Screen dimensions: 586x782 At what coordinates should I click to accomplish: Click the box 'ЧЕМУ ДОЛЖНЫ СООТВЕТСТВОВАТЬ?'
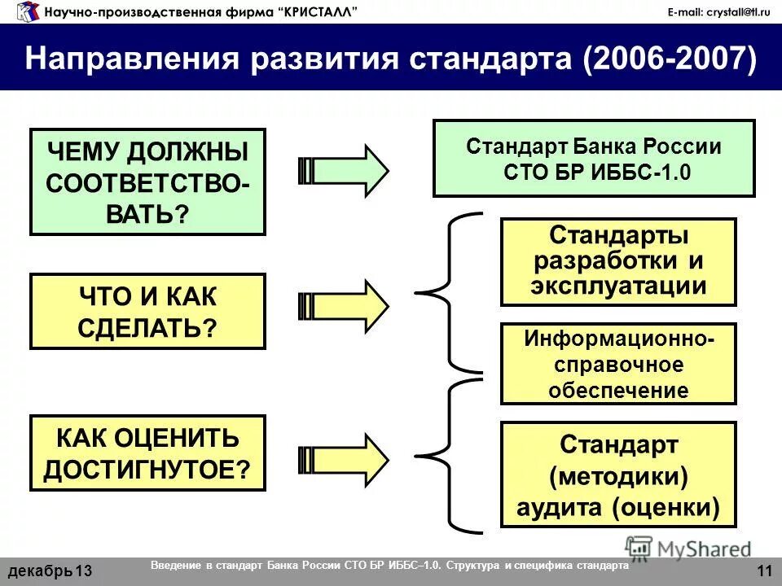click(147, 181)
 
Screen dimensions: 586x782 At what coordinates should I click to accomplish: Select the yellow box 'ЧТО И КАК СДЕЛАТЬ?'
click(147, 312)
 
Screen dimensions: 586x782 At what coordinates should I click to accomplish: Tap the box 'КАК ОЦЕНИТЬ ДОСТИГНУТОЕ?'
click(147, 453)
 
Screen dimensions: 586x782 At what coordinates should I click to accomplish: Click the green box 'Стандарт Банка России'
click(593, 159)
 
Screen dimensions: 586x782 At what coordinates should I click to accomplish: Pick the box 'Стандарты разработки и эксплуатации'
click(617, 261)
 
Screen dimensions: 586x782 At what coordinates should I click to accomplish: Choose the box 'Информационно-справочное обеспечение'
click(617, 364)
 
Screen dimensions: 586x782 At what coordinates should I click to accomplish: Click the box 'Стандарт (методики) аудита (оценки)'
click(617, 475)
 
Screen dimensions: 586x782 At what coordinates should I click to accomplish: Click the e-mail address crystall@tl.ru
click(718, 11)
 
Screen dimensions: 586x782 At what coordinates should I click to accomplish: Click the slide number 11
click(763, 571)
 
